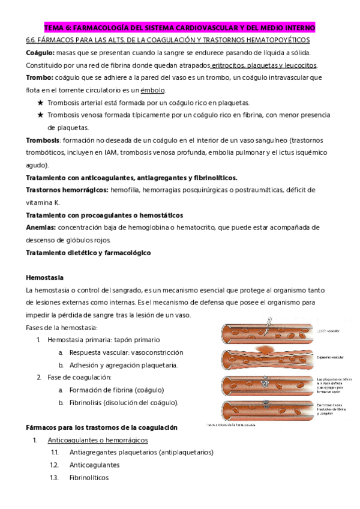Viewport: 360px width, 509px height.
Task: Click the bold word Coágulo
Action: point(40,53)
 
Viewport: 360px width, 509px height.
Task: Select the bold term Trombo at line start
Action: point(38,78)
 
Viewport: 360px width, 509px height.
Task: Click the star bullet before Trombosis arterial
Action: point(40,103)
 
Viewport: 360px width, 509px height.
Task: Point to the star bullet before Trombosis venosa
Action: point(40,115)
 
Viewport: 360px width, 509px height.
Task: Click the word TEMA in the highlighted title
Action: point(55,28)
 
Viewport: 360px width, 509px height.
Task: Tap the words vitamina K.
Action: point(43,202)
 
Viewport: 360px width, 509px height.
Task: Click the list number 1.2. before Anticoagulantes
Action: point(55,465)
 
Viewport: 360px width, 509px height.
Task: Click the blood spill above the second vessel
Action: point(263,348)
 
